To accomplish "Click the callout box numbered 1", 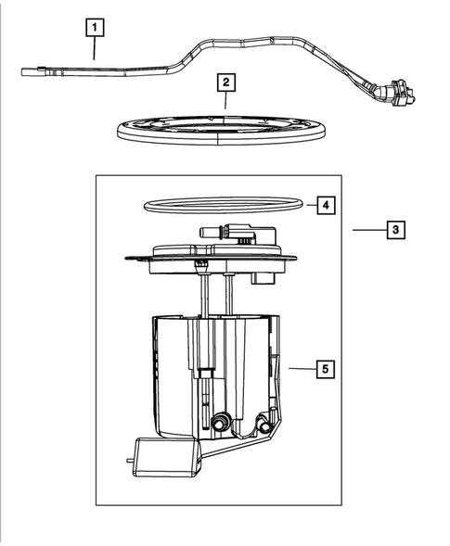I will pyautogui.click(x=94, y=29).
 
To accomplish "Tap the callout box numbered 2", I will pyautogui.click(x=225, y=84).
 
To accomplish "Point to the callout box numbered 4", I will pyautogui.click(x=324, y=204).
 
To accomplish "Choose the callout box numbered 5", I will pyautogui.click(x=324, y=369).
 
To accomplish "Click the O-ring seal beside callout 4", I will pyautogui.click(x=224, y=203).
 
